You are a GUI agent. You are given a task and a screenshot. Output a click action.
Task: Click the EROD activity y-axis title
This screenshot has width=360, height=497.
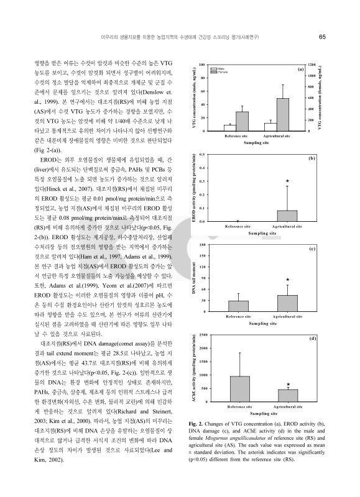pyautogui.click(x=195, y=186)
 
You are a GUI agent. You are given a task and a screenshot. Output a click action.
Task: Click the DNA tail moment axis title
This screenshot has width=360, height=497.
pyautogui.click(x=195, y=278)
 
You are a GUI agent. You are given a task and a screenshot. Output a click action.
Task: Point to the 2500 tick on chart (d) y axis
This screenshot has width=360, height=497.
pyautogui.click(x=201, y=335)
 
